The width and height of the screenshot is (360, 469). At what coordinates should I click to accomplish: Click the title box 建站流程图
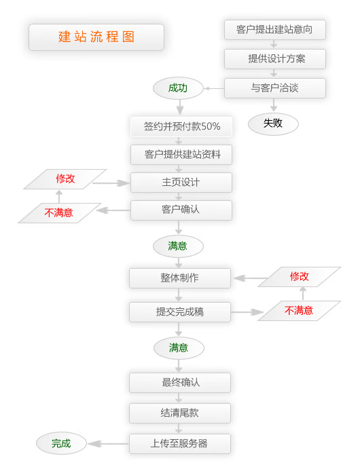96,37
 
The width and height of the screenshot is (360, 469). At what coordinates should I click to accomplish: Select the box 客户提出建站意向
275,30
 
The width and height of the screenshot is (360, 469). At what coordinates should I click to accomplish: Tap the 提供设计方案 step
275,59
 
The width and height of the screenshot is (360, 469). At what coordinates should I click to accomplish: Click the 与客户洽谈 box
275,88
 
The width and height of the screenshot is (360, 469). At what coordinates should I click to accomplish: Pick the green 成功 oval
178,88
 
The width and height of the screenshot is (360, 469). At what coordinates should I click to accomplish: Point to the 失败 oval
273,124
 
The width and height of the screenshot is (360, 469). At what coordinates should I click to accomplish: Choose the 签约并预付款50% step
181,126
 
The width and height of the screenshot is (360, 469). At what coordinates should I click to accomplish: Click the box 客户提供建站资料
181,155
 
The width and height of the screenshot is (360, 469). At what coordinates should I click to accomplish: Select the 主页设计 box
181,183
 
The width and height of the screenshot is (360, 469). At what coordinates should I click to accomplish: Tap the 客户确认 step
181,210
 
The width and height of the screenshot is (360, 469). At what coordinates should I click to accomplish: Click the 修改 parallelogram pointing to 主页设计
65,179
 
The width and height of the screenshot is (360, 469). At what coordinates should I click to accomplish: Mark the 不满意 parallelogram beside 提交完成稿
299,311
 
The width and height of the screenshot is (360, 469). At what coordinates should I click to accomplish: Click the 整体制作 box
180,278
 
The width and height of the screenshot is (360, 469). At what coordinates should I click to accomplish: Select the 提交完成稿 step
180,312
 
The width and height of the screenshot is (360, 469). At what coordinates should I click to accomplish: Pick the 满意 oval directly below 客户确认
178,246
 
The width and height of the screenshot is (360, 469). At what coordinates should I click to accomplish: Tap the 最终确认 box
180,382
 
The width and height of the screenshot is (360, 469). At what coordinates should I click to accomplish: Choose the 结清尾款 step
180,413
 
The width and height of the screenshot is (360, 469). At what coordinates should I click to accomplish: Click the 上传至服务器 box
180,444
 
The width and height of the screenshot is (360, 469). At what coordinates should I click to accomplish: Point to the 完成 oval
61,444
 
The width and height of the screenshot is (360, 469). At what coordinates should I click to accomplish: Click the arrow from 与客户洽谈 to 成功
214,88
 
